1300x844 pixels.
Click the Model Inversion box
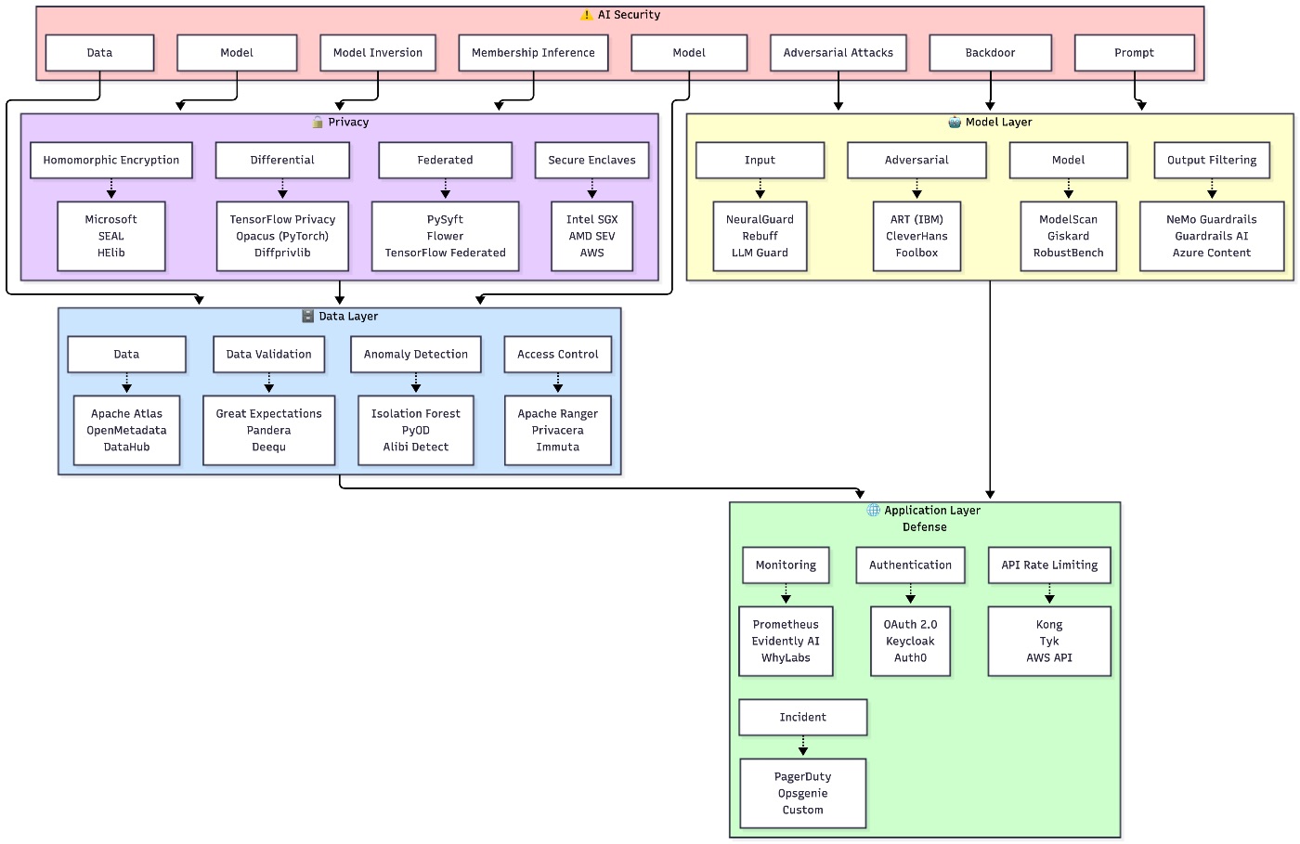click(377, 53)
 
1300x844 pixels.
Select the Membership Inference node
click(533, 53)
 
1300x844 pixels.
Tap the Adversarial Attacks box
click(838, 53)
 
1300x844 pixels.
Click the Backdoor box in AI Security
click(990, 53)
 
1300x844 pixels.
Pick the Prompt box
click(1134, 53)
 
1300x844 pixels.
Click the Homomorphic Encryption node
click(111, 160)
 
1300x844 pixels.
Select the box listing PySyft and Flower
click(445, 236)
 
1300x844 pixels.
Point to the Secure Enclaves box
click(591, 160)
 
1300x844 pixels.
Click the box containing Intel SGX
click(591, 236)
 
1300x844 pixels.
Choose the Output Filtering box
click(1211, 160)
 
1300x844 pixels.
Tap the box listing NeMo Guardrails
click(1211, 236)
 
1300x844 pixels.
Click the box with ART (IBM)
click(916, 236)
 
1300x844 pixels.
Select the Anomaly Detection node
click(415, 354)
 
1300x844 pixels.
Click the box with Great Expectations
click(268, 430)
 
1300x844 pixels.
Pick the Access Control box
click(557, 354)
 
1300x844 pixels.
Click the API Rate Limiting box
click(1049, 565)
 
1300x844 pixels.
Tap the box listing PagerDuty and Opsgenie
click(802, 793)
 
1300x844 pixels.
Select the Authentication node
click(910, 565)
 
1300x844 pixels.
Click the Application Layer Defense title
click(925, 518)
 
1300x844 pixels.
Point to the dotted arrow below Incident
click(803, 746)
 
